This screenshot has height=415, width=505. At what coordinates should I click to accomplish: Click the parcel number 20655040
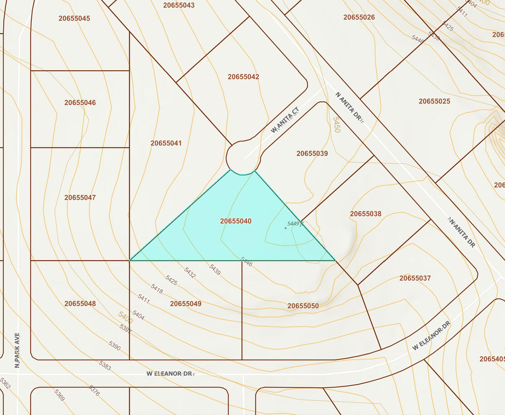click(x=236, y=221)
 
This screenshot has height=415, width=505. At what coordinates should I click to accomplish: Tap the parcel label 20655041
click(x=166, y=143)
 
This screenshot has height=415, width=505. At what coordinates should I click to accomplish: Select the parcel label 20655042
click(x=243, y=77)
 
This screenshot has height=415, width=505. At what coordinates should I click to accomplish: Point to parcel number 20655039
click(x=312, y=154)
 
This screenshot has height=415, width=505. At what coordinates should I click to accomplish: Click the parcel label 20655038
click(x=366, y=214)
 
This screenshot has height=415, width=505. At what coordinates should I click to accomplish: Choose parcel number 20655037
click(x=415, y=278)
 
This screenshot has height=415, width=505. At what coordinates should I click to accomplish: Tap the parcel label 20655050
click(x=303, y=306)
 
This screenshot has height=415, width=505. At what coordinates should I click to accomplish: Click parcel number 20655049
click(x=186, y=304)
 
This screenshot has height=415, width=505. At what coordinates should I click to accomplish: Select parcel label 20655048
click(x=80, y=303)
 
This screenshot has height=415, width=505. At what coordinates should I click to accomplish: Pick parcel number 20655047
click(x=80, y=198)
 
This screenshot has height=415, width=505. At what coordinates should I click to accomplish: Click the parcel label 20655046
click(x=80, y=103)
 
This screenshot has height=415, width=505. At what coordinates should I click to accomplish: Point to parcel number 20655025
click(x=434, y=101)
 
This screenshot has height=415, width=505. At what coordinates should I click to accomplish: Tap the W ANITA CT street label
click(x=285, y=120)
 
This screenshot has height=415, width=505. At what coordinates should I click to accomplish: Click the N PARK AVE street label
click(x=17, y=350)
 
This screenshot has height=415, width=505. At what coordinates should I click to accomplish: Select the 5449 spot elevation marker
click(x=286, y=227)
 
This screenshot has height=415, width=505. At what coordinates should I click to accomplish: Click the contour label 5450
click(x=337, y=125)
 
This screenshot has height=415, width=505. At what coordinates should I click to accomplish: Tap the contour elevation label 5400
click(x=125, y=317)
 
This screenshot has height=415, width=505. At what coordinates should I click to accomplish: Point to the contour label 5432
click(x=190, y=273)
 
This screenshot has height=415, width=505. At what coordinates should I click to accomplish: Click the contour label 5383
click(x=104, y=366)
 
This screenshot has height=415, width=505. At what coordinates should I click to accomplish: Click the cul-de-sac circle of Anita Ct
click(x=243, y=157)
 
